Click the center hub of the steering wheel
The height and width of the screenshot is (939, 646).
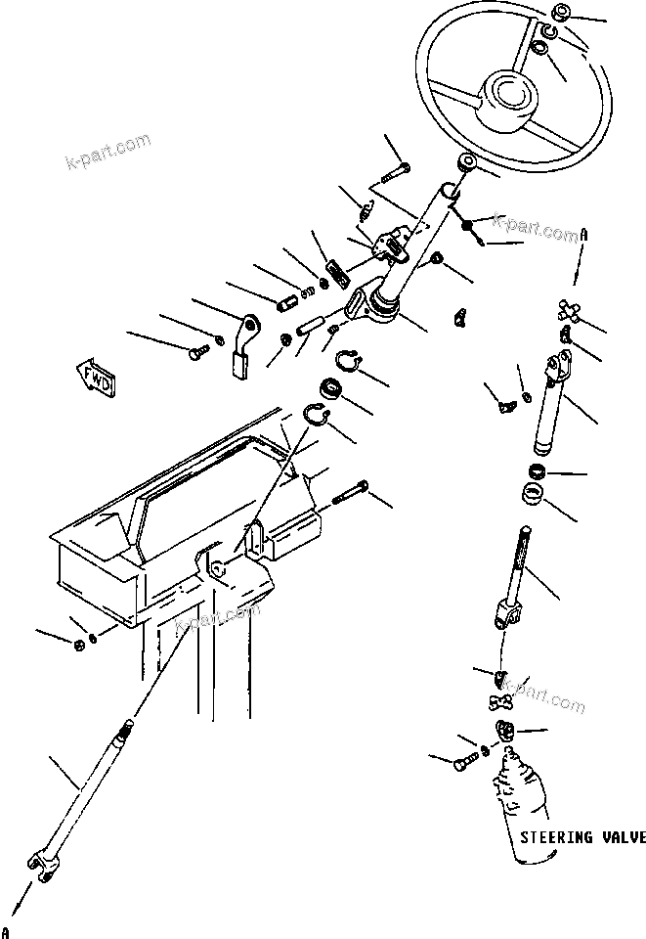point(509,93)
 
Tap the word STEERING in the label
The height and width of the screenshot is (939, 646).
point(555,838)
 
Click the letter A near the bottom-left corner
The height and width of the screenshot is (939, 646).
point(7,928)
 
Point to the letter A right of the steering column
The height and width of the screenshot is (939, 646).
point(584,235)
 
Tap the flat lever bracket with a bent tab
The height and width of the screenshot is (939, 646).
point(243,343)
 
